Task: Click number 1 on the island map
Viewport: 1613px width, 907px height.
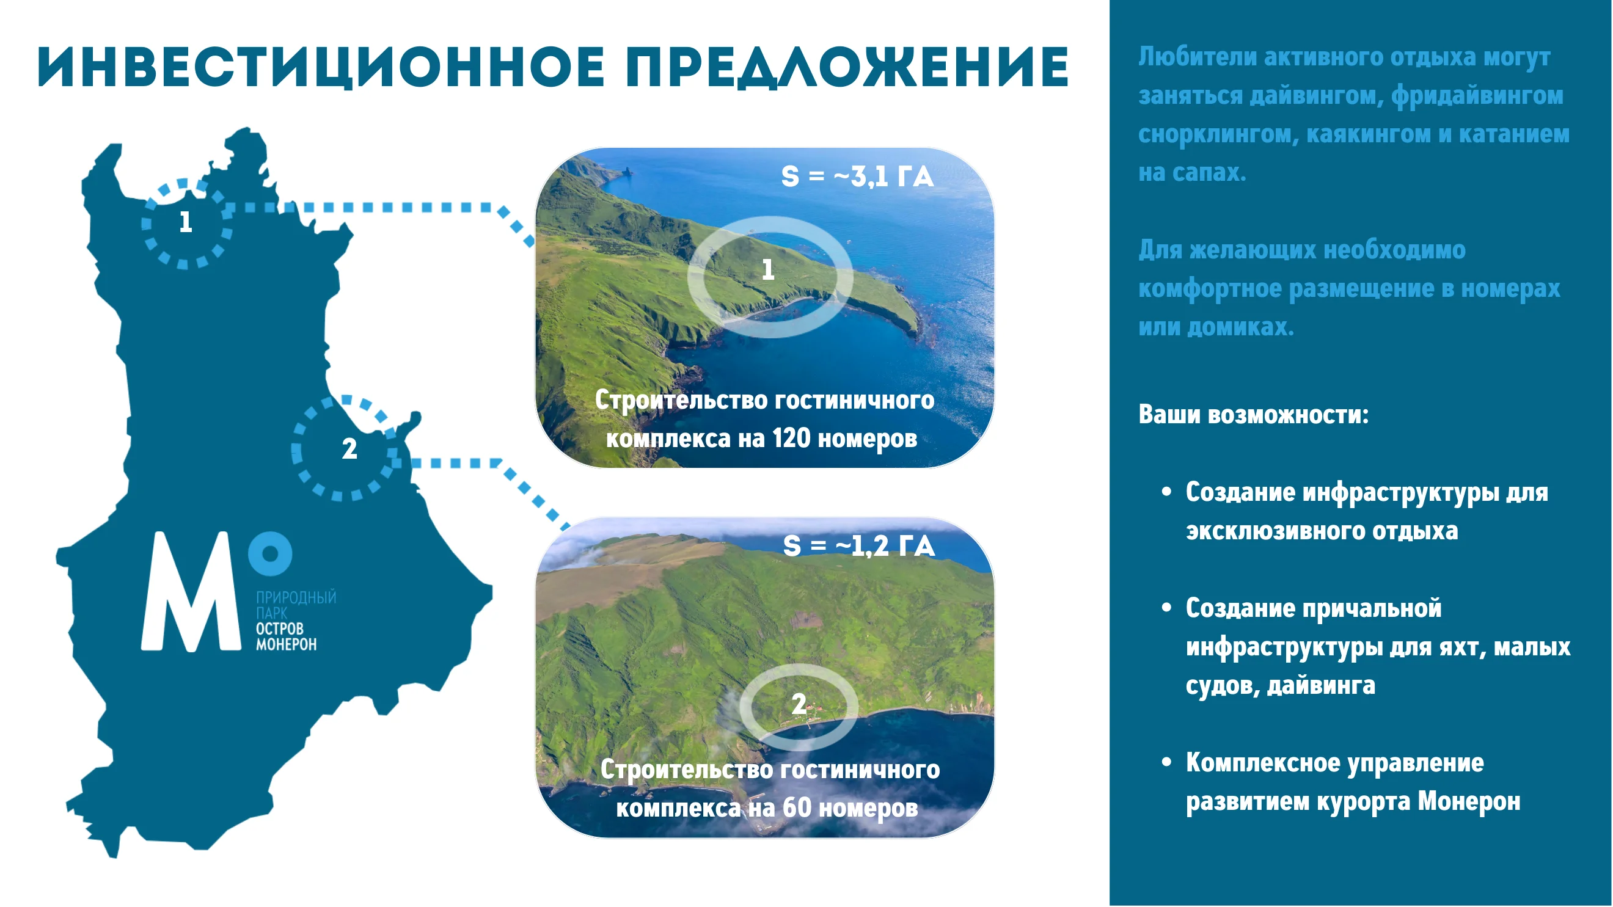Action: (x=185, y=222)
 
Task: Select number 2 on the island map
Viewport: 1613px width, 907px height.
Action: (x=349, y=449)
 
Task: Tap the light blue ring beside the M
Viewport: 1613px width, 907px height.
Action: (x=270, y=553)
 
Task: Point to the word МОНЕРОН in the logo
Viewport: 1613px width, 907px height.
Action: (x=286, y=644)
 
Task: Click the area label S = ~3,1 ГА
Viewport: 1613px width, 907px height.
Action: (x=857, y=177)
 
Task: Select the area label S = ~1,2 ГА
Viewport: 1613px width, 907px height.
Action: (x=859, y=546)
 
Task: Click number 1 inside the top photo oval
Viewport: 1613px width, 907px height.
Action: (x=767, y=270)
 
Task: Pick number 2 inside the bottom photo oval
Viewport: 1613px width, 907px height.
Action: (x=799, y=704)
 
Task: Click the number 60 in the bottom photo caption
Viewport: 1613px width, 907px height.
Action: (x=797, y=807)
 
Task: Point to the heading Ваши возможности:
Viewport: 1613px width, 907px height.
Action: (x=1254, y=414)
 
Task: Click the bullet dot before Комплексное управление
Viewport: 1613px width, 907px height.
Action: (x=1166, y=762)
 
